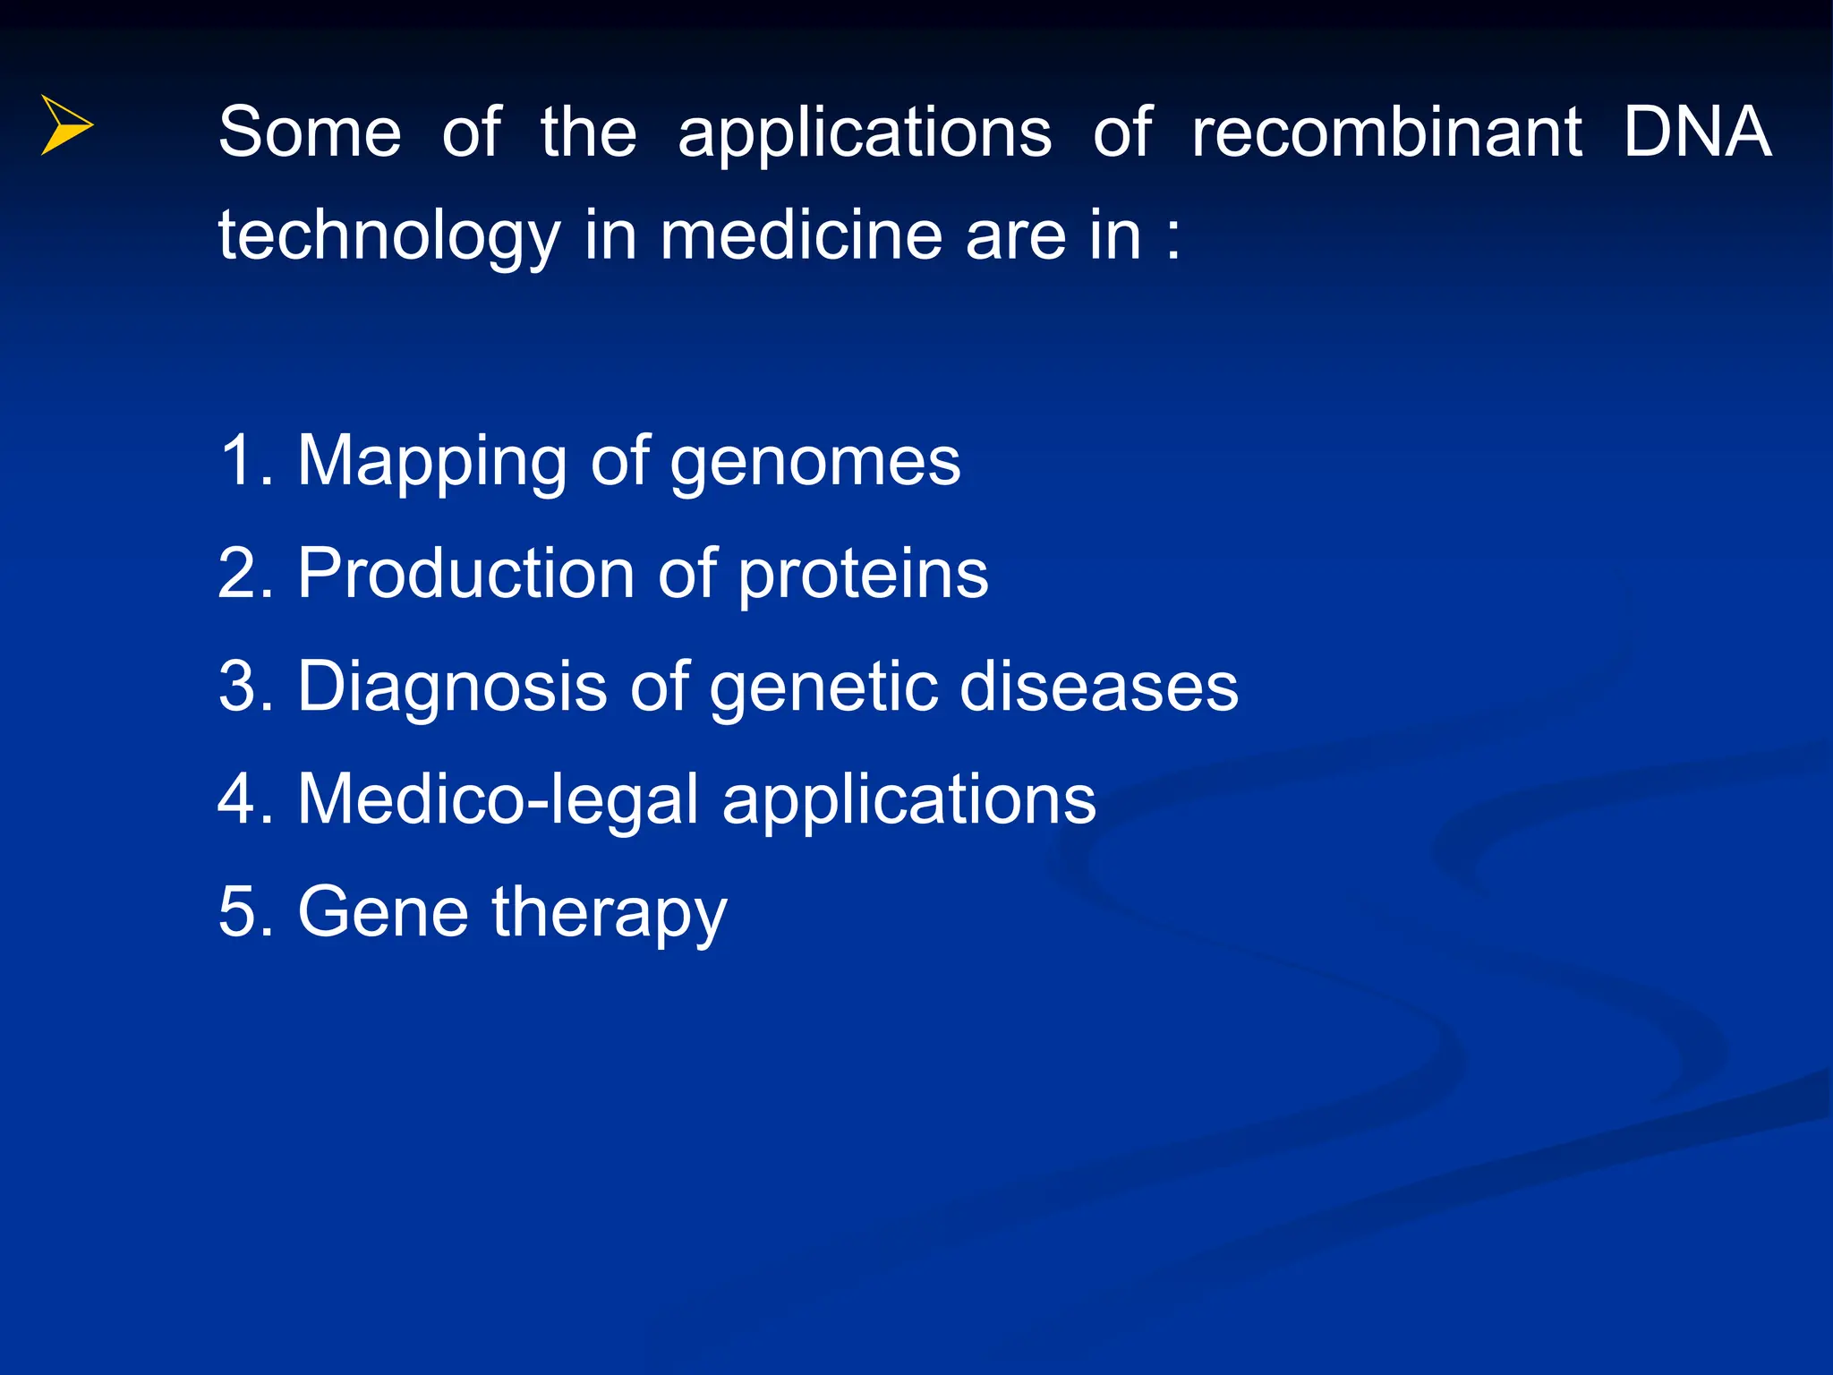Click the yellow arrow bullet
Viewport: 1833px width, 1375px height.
pos(65,125)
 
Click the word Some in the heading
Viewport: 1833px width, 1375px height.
pos(310,132)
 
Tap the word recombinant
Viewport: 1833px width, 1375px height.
pos(1386,132)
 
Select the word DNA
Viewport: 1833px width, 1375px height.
pos(1696,132)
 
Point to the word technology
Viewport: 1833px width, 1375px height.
pos(389,237)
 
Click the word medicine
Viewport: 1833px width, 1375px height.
pos(801,235)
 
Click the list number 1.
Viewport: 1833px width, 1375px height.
pos(238,461)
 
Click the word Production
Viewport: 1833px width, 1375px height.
pos(466,574)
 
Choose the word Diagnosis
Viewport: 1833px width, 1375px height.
pos(452,687)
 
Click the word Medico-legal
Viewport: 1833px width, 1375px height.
pos(498,799)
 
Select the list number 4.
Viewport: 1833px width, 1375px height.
pos(238,799)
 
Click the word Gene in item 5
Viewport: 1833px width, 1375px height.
pos(383,912)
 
